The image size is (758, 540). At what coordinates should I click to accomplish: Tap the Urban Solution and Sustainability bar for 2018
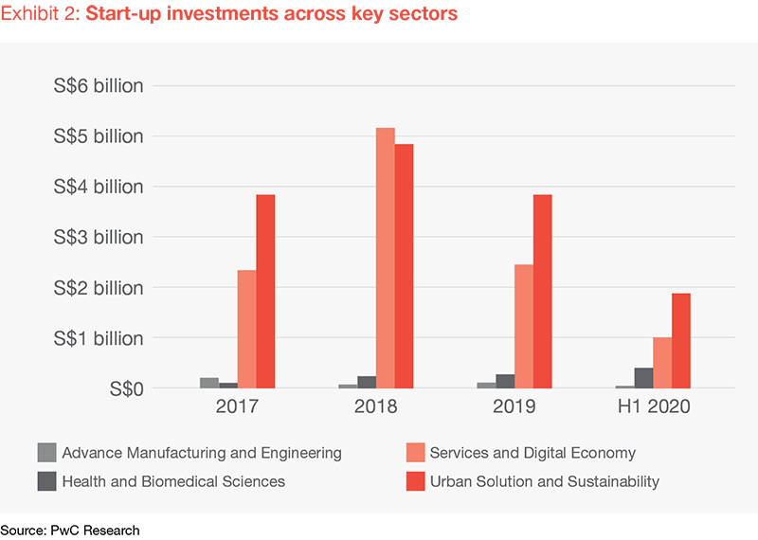click(x=404, y=266)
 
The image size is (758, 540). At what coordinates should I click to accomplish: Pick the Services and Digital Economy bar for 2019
click(x=523, y=326)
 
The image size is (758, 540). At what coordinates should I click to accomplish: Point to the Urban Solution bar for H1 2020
click(x=680, y=340)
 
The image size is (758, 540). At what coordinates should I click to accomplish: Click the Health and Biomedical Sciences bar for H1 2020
click(x=643, y=378)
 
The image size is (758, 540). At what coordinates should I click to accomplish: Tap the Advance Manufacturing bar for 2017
click(x=209, y=383)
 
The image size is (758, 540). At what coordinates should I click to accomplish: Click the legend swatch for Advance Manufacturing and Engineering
click(x=46, y=453)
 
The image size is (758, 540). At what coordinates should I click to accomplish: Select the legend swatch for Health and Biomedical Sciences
click(x=46, y=481)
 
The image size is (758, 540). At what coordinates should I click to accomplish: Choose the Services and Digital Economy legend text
click(x=532, y=453)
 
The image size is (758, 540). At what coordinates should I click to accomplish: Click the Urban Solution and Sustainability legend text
click(x=544, y=481)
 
